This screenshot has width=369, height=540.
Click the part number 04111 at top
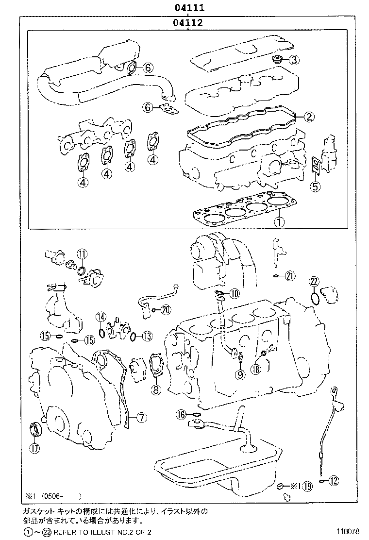186,8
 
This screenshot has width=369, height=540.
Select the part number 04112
186,22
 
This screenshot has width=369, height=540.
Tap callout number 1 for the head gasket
279,222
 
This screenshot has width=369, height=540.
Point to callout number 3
294,60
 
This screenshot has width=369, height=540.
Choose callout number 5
315,186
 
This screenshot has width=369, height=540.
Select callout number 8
155,389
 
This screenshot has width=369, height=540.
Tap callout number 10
235,293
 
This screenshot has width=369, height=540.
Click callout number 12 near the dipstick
333,481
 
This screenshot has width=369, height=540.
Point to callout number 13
147,336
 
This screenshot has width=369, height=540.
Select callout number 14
101,318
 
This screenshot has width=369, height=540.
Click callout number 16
181,414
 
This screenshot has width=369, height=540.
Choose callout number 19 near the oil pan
307,486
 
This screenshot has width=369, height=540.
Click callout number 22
314,282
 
